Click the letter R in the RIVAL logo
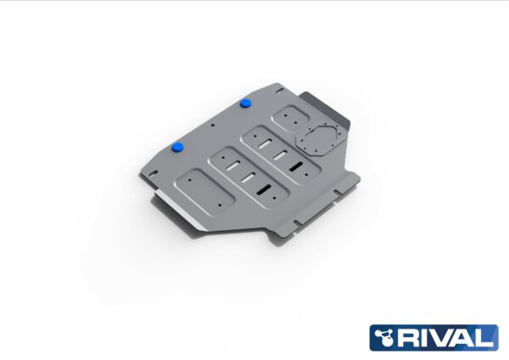coord(410,337)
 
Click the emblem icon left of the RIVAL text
coord(386,337)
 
